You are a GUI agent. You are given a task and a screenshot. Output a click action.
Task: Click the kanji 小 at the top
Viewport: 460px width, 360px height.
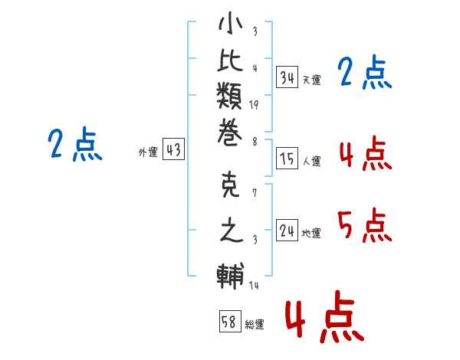coord(230,23)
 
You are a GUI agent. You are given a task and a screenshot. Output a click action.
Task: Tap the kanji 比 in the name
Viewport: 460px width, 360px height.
coord(230,60)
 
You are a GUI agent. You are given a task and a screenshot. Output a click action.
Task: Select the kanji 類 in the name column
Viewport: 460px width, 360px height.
coord(229,96)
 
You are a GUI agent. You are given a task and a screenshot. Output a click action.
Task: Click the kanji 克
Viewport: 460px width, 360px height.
coord(230,185)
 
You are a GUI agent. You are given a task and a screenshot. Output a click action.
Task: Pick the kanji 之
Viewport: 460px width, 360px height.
coord(232,230)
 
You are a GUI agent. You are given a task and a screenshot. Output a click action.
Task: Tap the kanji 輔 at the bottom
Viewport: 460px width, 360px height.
coord(231,276)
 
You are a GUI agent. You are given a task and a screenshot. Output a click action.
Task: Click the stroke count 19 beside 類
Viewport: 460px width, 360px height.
coord(254,105)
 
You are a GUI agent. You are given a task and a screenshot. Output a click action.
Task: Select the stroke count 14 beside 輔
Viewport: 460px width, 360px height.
coord(254,285)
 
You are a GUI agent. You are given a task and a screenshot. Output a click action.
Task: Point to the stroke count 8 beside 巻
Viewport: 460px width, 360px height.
coord(255,142)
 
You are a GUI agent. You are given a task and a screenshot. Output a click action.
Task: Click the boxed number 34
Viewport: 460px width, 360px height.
coord(287,77)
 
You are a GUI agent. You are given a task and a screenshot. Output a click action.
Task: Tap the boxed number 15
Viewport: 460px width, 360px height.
coord(287,159)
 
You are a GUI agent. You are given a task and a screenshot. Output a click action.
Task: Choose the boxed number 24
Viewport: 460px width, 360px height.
coord(287,231)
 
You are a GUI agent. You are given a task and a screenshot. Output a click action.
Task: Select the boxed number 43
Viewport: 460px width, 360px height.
coord(174,149)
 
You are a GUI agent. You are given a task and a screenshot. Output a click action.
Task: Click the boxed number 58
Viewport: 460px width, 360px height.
coord(230,321)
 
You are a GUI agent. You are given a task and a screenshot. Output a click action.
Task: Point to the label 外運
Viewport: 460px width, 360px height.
coord(148,152)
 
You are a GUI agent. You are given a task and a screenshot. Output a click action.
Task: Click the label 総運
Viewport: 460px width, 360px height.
coord(255,324)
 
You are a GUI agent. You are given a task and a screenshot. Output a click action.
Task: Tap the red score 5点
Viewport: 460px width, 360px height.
coord(365,225)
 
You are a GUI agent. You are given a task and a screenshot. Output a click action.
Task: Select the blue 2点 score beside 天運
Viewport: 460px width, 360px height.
coord(365,72)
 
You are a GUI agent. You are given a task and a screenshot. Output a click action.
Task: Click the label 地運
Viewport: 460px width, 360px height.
coord(311,234)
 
